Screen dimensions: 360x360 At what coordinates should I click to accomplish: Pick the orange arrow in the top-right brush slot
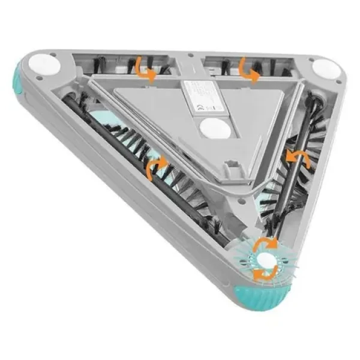click(248, 70)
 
